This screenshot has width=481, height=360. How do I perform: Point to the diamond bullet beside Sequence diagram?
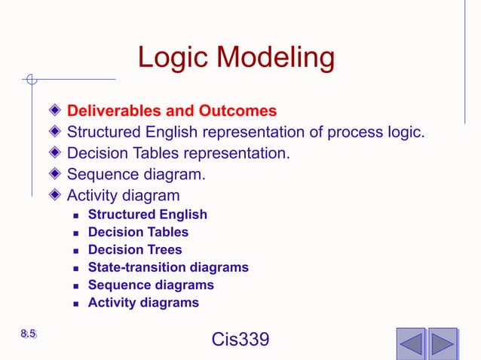55,175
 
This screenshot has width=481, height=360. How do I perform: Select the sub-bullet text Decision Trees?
135,249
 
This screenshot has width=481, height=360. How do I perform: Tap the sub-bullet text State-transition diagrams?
168,267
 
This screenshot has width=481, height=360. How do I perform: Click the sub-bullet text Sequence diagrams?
151,285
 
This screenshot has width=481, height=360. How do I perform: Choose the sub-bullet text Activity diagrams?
143,304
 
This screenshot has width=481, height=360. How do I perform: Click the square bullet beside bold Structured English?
76,215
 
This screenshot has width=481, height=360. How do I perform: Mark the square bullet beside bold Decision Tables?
76,233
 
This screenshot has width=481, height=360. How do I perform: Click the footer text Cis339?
240,340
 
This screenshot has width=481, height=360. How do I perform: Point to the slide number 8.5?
29,334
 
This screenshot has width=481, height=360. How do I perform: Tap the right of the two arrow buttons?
443,343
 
